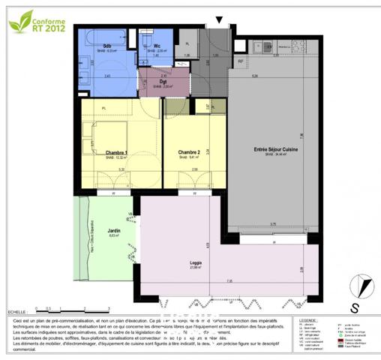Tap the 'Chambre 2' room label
(188, 153)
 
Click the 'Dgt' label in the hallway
(162, 82)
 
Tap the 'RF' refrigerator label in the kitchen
(240, 61)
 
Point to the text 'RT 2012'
(51, 29)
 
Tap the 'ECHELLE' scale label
(16, 310)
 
